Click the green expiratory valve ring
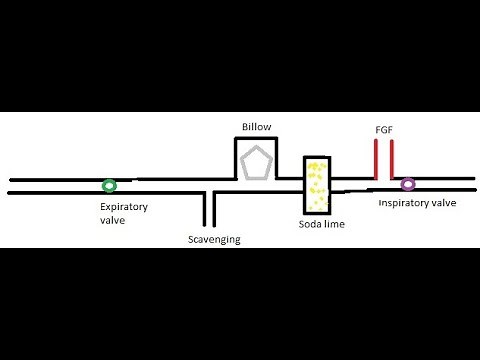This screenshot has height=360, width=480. [108, 185]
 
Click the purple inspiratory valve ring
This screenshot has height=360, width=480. [408, 184]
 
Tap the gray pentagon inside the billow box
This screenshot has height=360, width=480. [256, 162]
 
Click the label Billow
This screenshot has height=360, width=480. [256, 127]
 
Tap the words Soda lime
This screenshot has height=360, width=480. [322, 225]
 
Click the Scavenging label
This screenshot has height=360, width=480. [214, 240]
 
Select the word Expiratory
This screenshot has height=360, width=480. [124, 207]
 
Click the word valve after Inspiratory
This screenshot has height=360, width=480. [444, 203]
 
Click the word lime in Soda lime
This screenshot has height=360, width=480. [335, 225]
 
